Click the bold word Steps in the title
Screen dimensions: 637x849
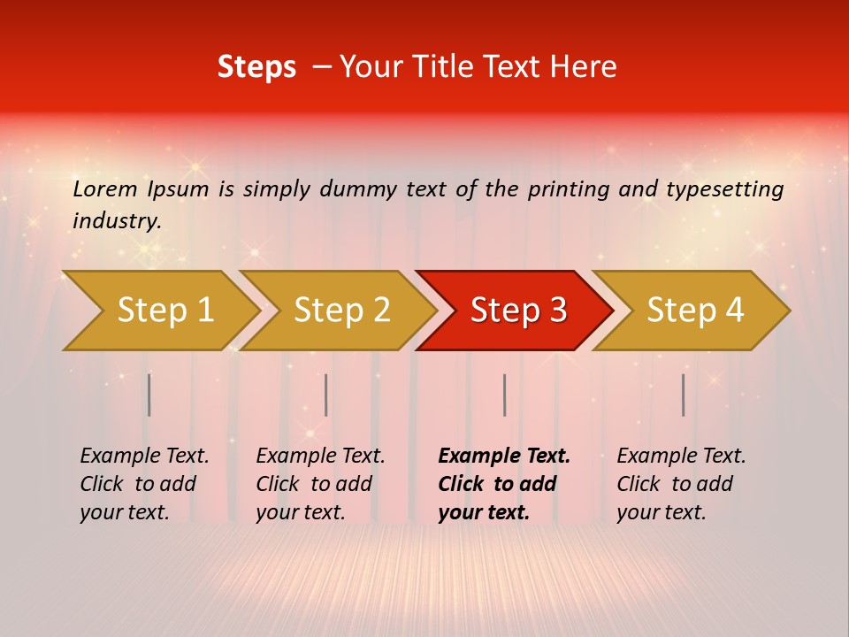(x=256, y=67)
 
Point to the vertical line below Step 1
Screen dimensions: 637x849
(x=149, y=395)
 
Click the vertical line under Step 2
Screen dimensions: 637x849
(x=326, y=395)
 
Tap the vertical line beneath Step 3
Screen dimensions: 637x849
(x=505, y=395)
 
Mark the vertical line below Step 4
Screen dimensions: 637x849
(x=684, y=395)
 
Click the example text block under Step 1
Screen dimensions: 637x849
(x=144, y=484)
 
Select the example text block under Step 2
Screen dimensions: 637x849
(x=320, y=484)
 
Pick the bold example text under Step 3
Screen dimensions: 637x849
(x=504, y=484)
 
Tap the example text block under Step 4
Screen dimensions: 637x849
(x=681, y=484)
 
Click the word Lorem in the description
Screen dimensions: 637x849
(x=105, y=189)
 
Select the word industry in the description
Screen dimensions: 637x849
(x=117, y=221)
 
